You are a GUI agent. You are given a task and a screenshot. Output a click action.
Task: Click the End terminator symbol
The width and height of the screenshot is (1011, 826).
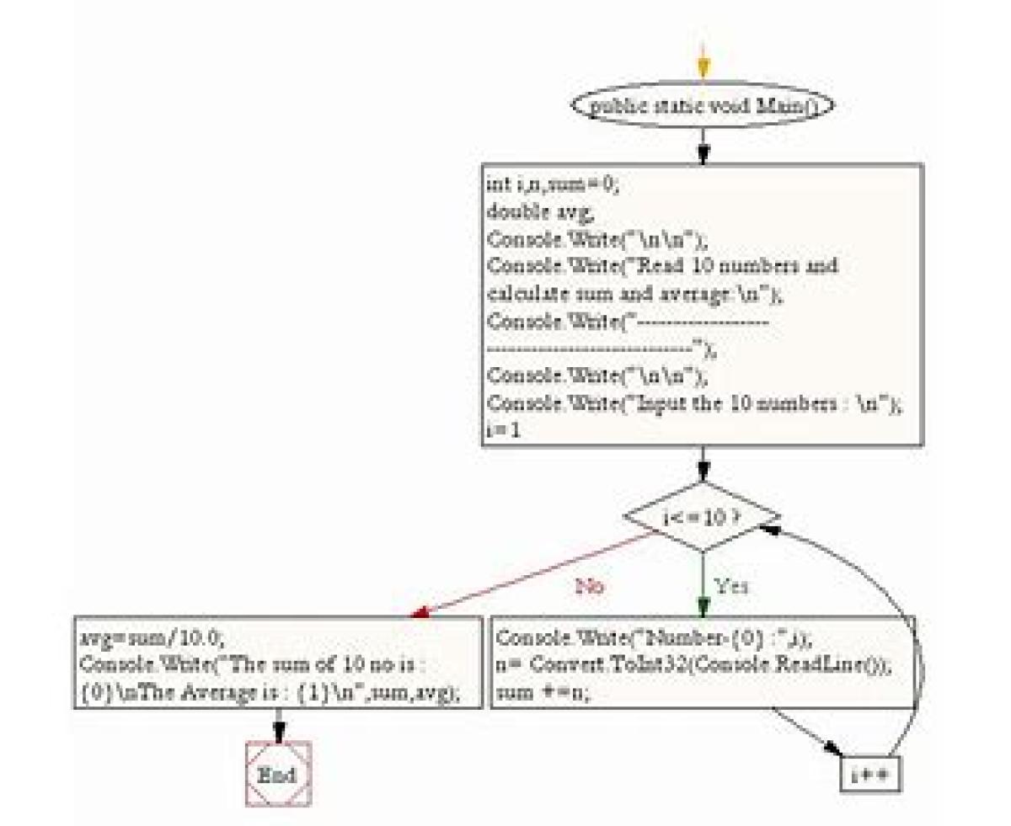(x=279, y=773)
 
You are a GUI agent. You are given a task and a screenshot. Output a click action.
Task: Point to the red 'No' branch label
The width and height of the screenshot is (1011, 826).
(x=590, y=586)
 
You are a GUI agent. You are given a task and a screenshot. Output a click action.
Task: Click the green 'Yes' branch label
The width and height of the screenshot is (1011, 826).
(x=732, y=586)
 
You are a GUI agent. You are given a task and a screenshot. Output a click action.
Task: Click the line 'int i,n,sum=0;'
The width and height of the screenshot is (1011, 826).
(x=553, y=185)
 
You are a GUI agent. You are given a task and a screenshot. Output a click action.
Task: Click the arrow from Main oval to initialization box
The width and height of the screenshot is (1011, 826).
(x=703, y=145)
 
